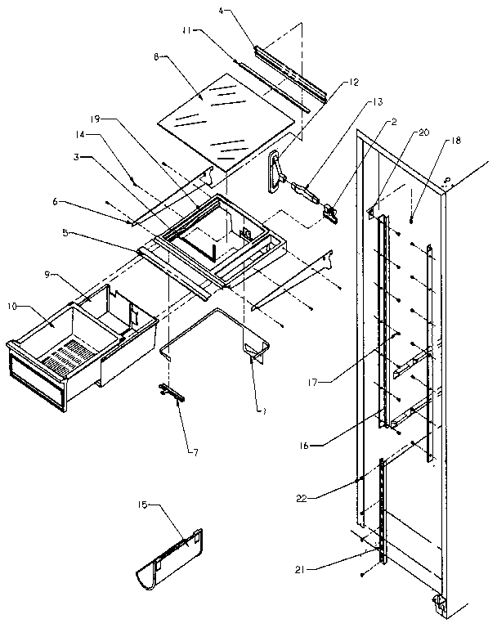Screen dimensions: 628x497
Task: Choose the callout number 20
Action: (423, 132)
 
